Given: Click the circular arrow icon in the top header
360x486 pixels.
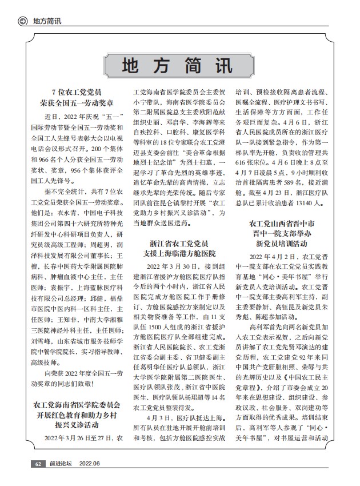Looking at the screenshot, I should click(x=23, y=22).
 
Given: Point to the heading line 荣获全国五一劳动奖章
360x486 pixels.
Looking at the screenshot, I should click(x=76, y=103).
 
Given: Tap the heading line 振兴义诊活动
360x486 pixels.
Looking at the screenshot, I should click(x=76, y=426).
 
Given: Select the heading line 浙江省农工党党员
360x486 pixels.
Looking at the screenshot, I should click(x=179, y=242).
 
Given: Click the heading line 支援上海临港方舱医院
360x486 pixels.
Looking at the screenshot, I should click(x=179, y=253).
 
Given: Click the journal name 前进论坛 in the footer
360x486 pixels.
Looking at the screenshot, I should click(x=61, y=464).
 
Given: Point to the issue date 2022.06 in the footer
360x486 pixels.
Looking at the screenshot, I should click(x=90, y=464).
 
